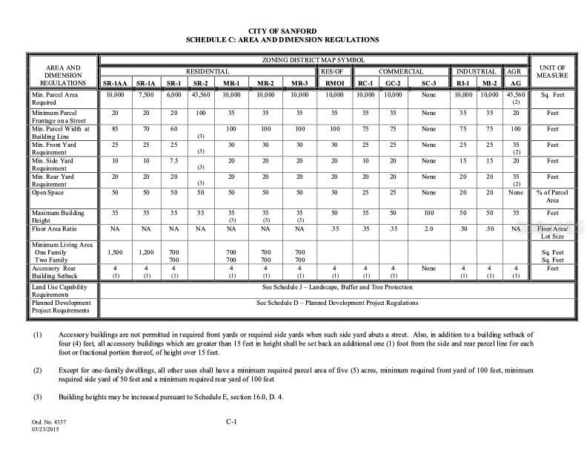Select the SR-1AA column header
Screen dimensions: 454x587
pyautogui.click(x=115, y=83)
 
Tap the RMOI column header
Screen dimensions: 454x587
pyautogui.click(x=334, y=83)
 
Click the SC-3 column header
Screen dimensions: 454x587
pyautogui.click(x=428, y=83)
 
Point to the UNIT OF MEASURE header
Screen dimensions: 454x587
pyautogui.click(x=552, y=70)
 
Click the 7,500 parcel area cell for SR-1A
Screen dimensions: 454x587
pyautogui.click(x=145, y=96)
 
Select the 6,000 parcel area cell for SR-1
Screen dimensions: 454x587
pyautogui.click(x=173, y=96)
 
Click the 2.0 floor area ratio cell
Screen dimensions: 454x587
pyautogui.click(x=428, y=229)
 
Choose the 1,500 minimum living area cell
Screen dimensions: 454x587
pyautogui.click(x=115, y=253)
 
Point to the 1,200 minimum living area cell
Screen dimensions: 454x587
pyautogui.click(x=145, y=253)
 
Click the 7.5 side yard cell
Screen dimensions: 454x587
pyautogui.click(x=173, y=160)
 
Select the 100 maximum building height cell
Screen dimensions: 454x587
pyautogui.click(x=428, y=213)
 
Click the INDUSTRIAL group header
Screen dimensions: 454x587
pyautogui.click(x=475, y=70)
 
